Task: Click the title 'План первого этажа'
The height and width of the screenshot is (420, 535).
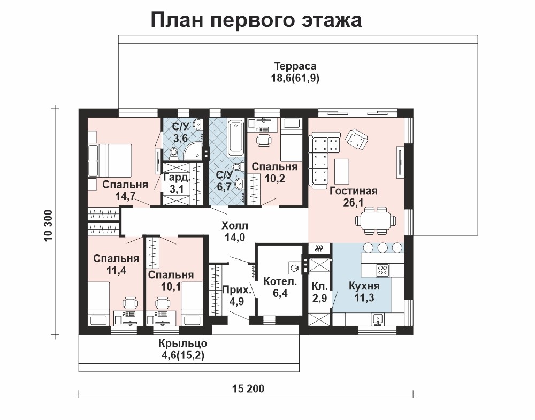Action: coord(256,20)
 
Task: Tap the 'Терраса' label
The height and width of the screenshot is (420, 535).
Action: coord(295,66)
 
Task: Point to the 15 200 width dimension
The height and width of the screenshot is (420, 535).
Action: coord(248,388)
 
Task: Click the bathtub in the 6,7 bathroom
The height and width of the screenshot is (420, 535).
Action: coord(235,138)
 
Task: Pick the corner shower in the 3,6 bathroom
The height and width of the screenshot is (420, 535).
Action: coord(193,150)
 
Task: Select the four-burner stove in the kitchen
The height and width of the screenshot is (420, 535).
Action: coord(383,271)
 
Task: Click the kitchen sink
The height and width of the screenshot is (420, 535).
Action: coord(378,319)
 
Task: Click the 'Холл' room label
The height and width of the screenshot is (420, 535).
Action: coord(235,226)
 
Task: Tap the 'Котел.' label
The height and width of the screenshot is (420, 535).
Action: coord(280,281)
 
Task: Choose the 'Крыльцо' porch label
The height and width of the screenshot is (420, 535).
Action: coord(183,343)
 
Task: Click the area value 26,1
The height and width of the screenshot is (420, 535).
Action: coord(354,202)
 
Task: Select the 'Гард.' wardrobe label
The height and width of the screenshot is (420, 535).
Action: coord(176,177)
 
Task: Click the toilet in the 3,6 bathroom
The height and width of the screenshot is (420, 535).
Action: coord(174,153)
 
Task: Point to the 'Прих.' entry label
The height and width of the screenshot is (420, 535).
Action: coord(236,290)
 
